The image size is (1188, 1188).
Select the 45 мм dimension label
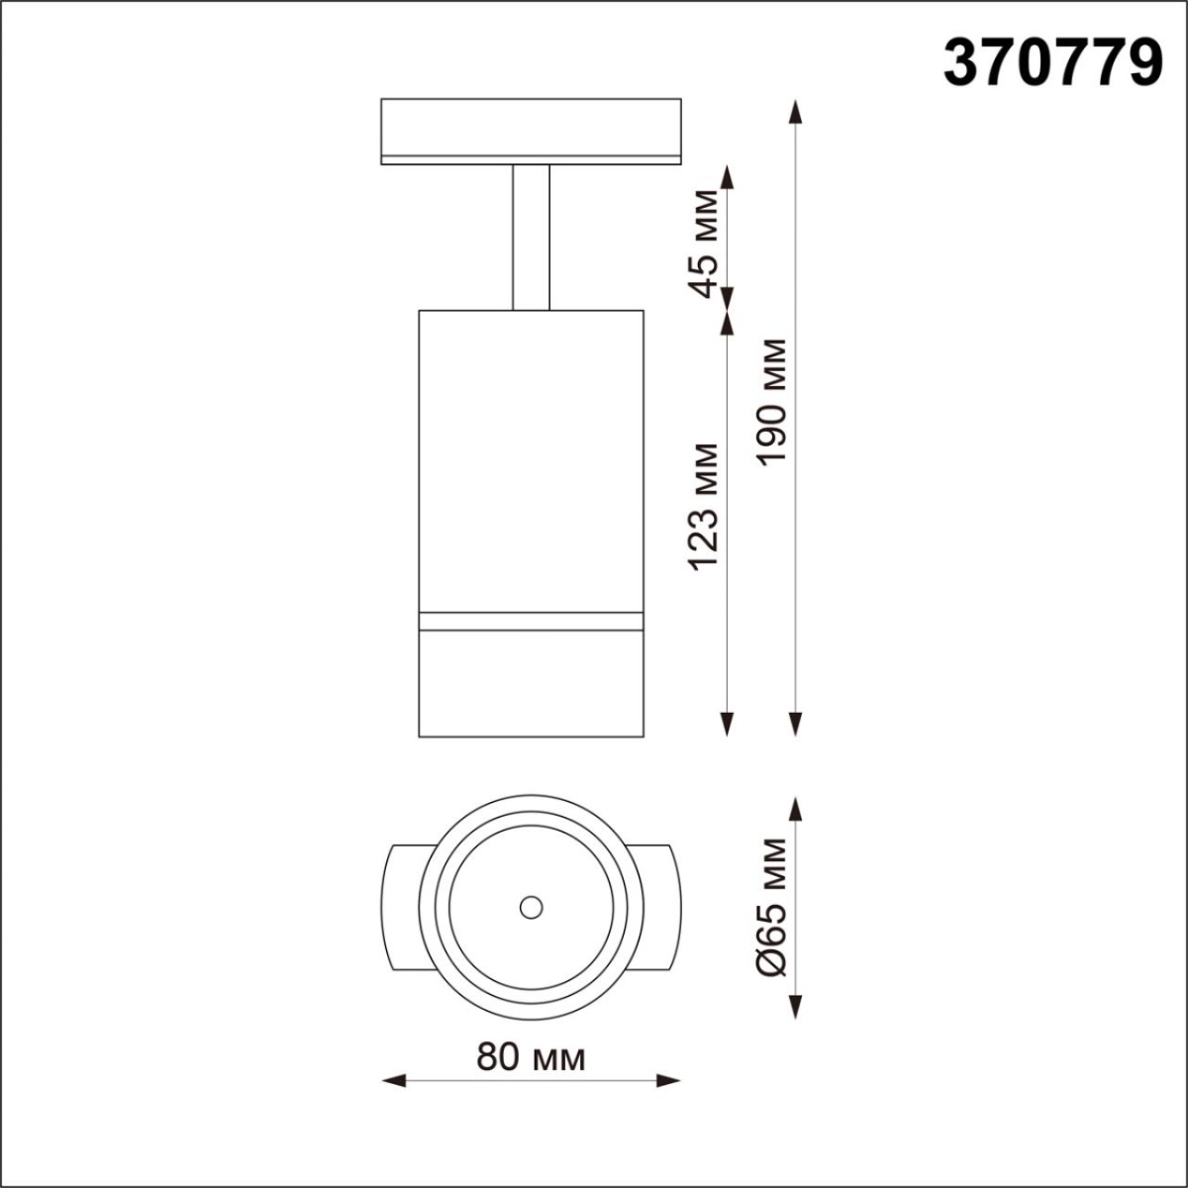coord(705,243)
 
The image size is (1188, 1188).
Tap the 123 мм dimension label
coord(705,505)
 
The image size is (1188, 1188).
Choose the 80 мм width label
coord(531,1057)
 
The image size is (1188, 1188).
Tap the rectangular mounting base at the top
coord(531,129)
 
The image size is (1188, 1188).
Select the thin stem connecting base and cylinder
coord(531,238)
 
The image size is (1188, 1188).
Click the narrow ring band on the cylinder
coord(531,621)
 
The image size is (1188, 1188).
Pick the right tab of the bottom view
coord(657,907)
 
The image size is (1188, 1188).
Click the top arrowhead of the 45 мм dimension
coord(729,178)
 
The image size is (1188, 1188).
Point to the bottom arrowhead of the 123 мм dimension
coord(729,726)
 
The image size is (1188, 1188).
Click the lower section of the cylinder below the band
coord(531,683)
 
